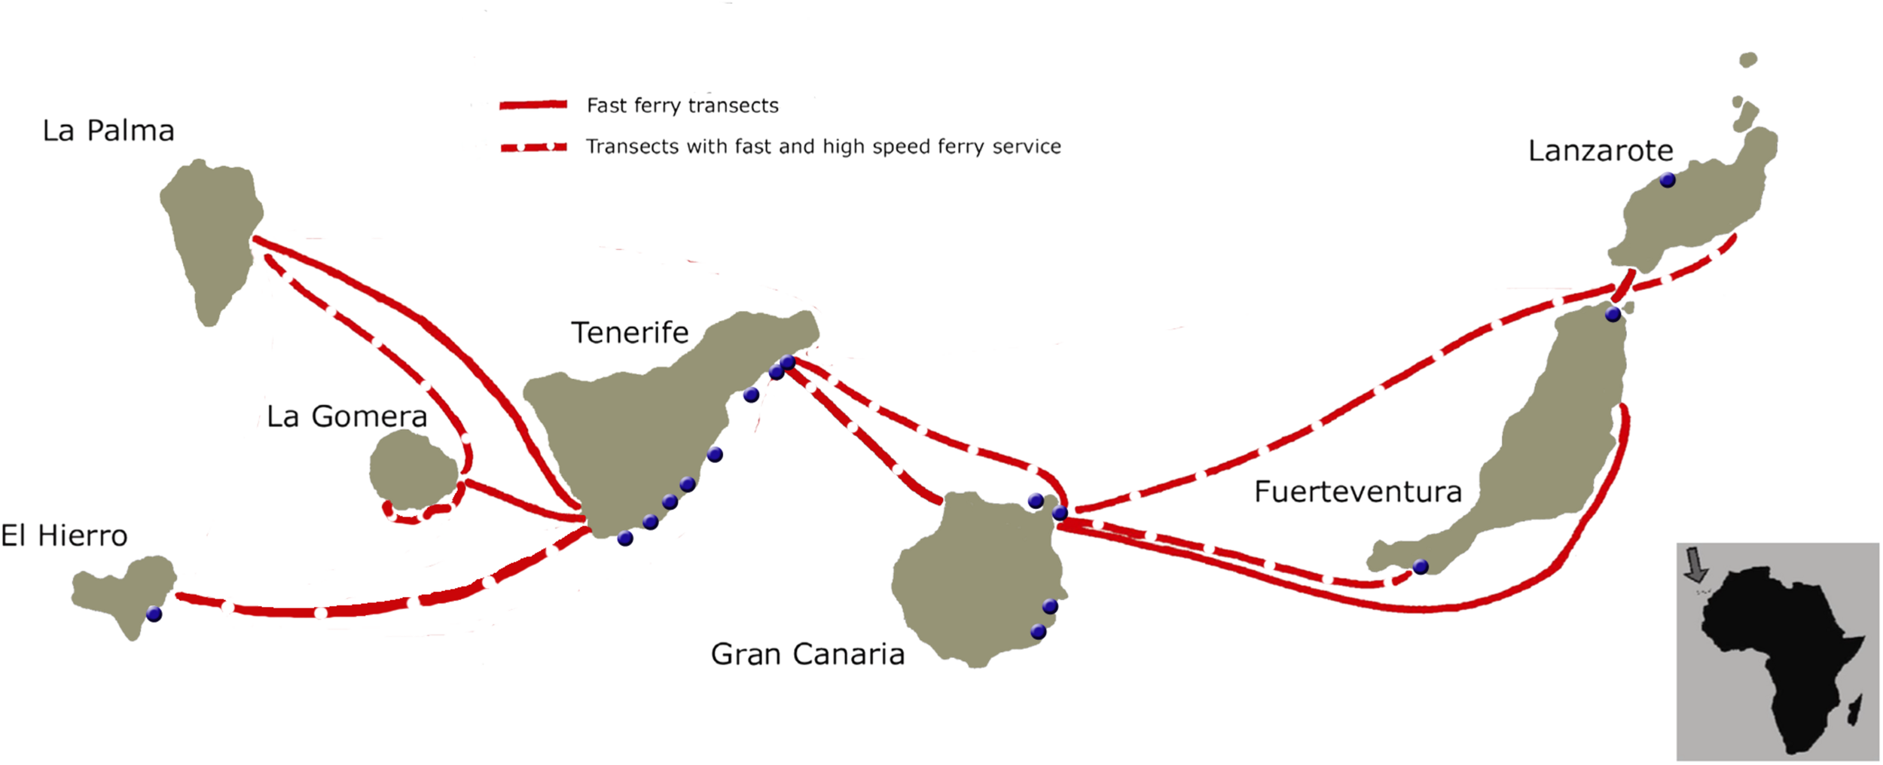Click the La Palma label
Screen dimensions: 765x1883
[x=108, y=131]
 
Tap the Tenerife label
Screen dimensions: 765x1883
[x=630, y=333]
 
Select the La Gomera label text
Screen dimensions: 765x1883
[x=347, y=416]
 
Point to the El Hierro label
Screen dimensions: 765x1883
[x=64, y=536]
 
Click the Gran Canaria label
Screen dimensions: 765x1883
[x=807, y=654]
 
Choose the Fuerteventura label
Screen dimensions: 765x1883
[x=1358, y=492]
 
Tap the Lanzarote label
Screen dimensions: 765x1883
[x=1601, y=151]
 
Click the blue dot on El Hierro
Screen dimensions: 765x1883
[x=154, y=614]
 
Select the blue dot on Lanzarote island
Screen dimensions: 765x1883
[x=1668, y=180]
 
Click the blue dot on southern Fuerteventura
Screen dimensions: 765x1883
[x=1421, y=567]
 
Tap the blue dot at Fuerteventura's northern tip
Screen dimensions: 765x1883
[x=1613, y=314]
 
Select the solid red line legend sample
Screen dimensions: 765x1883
[x=533, y=105]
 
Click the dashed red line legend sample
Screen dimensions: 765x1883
[x=533, y=147]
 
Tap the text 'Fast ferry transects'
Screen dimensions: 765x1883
[x=682, y=105]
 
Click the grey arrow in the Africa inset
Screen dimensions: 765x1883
[x=1695, y=565]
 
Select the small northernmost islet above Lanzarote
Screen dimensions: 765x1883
[x=1748, y=59]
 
